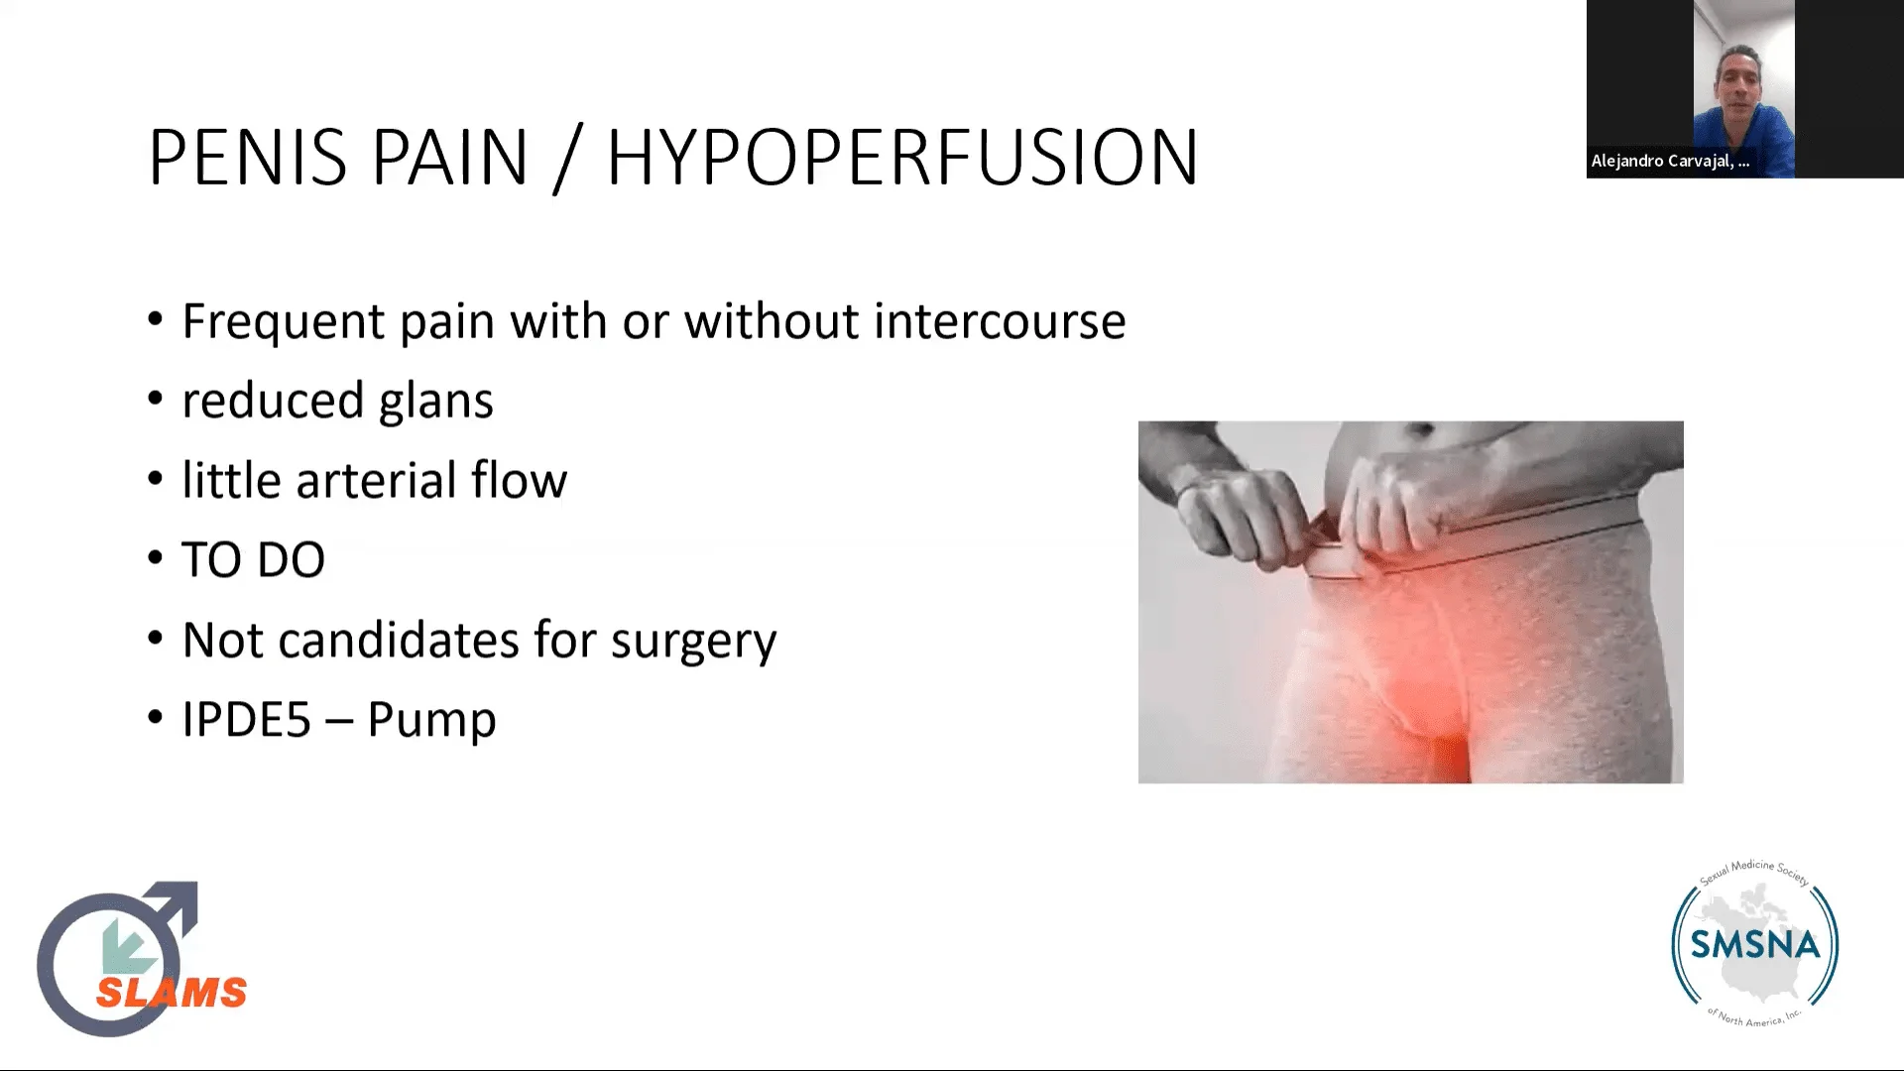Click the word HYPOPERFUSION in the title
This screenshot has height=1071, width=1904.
902,157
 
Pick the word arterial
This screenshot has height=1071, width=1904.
375,480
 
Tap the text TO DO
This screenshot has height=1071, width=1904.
253,560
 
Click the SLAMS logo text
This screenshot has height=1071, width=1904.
172,992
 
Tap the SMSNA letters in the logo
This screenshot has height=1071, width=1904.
1755,944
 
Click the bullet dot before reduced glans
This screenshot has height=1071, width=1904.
155,400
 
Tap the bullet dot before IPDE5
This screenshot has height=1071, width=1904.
155,718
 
